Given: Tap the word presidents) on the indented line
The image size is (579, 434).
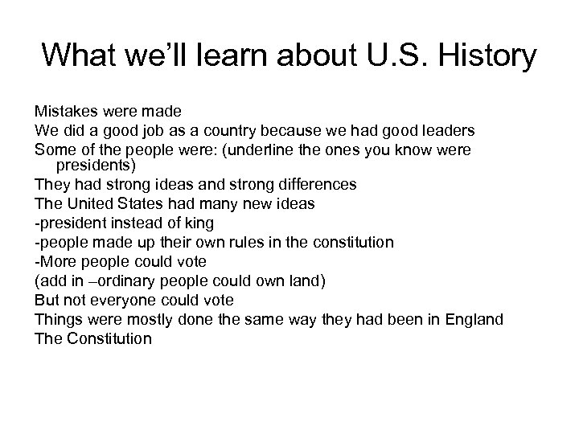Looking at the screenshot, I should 96,166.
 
